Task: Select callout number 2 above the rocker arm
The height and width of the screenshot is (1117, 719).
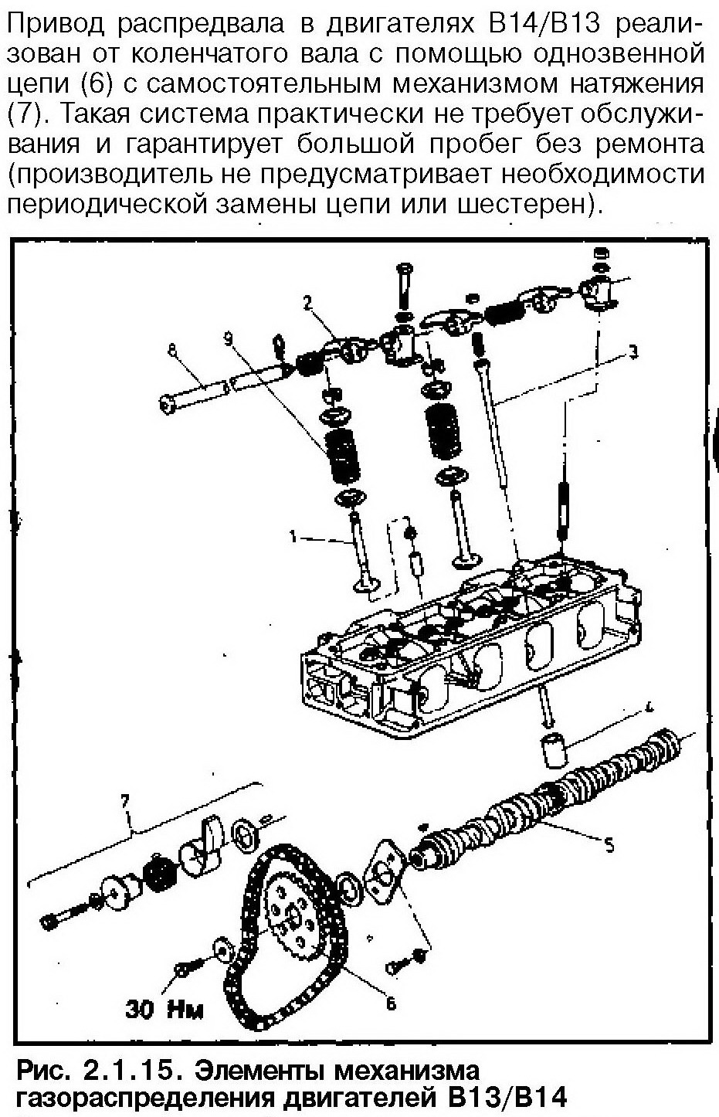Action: pos(307,302)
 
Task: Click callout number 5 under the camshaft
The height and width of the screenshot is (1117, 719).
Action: pos(609,846)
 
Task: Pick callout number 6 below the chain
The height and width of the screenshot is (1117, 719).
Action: pos(391,1003)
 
